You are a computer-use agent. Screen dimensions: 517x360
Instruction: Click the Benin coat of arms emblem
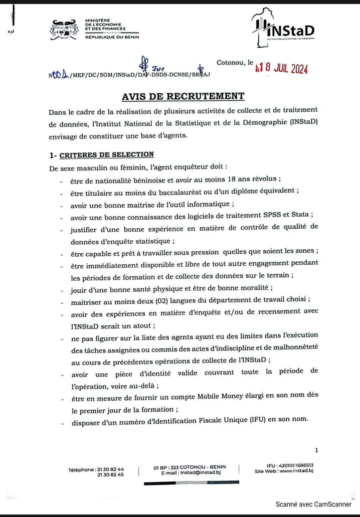(65, 29)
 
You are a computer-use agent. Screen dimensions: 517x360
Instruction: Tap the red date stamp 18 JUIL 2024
(282, 69)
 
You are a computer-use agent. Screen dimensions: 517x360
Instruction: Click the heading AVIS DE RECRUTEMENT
(184, 96)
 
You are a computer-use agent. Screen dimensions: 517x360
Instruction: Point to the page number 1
(316, 450)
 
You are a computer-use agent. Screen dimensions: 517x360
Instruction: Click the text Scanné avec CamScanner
(314, 504)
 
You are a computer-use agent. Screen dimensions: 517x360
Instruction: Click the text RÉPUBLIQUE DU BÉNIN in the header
(112, 37)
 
